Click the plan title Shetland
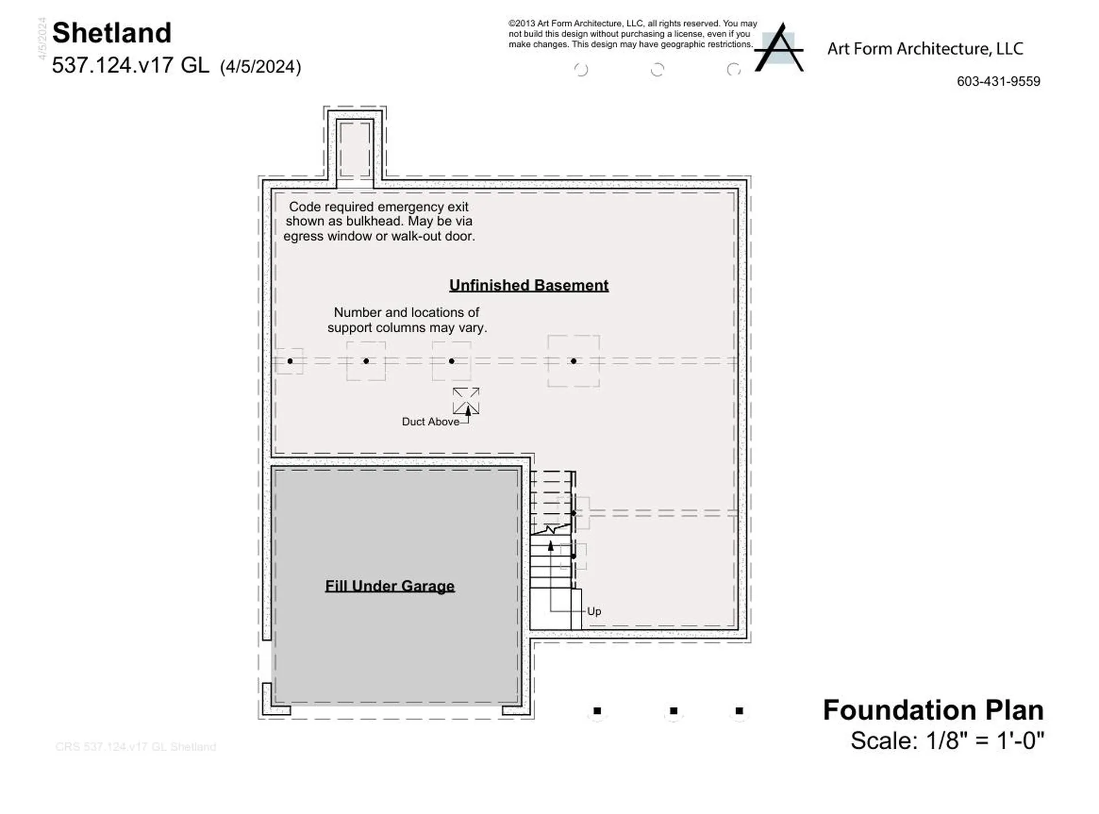pos(112,33)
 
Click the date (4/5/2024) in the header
pos(260,67)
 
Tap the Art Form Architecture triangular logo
pos(779,49)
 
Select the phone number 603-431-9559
pos(998,81)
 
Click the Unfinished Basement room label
pos(528,285)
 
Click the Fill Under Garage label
pos(390,586)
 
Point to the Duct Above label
pos(430,422)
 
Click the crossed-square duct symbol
pos(466,401)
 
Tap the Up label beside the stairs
pos(594,611)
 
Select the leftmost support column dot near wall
pos(290,361)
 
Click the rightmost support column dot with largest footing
pos(574,361)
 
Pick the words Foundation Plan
pos(933,710)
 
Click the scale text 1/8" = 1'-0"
pos(985,741)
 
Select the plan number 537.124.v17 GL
pos(131,65)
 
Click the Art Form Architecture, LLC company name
pos(925,49)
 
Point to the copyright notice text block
pos(632,34)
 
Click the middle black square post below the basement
pos(674,711)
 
